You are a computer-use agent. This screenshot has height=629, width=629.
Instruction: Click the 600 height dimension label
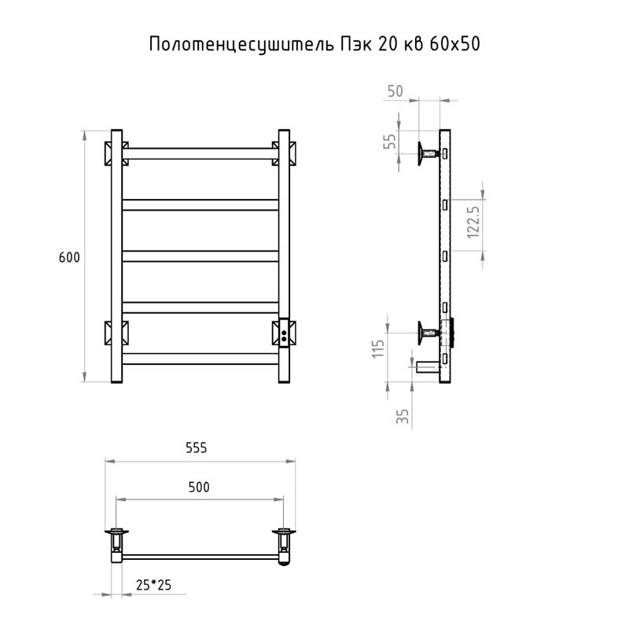click(x=69, y=258)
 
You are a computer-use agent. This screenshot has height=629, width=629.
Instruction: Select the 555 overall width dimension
click(x=196, y=448)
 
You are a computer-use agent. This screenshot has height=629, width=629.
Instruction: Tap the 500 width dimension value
click(x=200, y=487)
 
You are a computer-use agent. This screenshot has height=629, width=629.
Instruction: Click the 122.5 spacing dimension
click(x=473, y=221)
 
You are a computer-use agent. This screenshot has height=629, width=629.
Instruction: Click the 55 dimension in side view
click(x=389, y=142)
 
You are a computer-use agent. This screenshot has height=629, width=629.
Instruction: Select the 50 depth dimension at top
click(x=395, y=91)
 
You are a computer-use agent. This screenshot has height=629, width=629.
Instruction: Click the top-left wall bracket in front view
click(x=116, y=153)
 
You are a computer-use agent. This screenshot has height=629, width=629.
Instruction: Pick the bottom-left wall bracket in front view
click(x=116, y=333)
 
